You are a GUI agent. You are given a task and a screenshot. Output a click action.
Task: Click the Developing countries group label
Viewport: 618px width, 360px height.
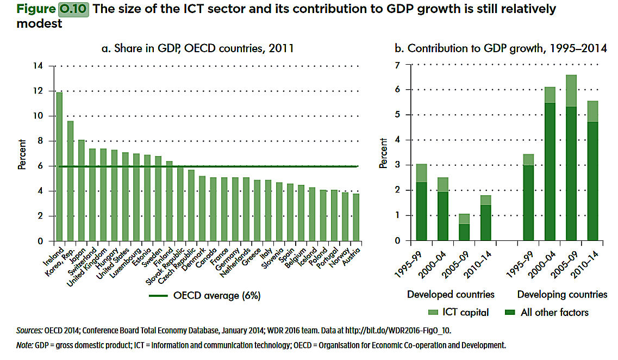[x=562, y=294]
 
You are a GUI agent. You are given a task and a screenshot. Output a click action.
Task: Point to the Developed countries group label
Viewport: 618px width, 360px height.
[x=451, y=294]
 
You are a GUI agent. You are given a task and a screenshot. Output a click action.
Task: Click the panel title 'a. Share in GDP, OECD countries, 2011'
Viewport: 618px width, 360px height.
[x=198, y=48]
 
